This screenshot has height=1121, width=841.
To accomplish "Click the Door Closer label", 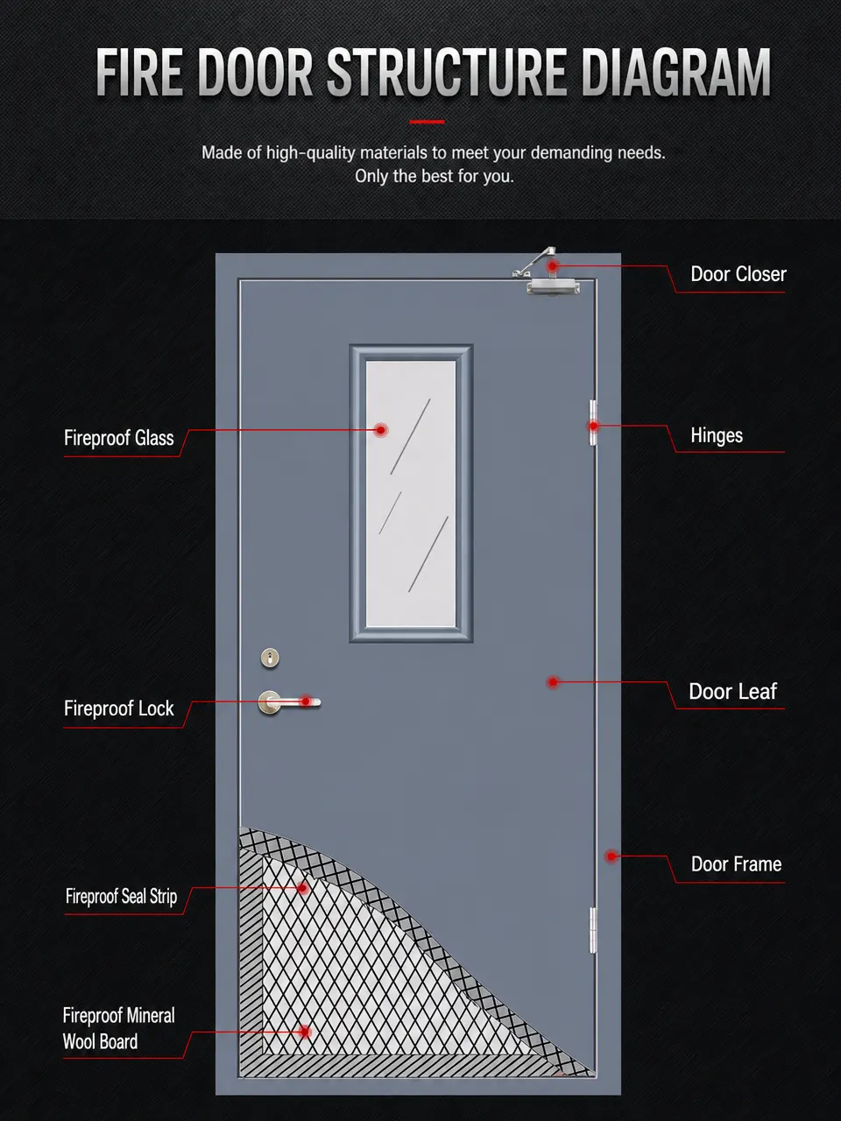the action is click(738, 274).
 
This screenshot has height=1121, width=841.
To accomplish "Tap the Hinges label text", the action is click(717, 435).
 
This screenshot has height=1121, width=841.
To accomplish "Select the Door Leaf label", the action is click(732, 692).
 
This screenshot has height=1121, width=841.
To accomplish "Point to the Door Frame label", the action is click(736, 864).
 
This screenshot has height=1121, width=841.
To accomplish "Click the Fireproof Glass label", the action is click(118, 438).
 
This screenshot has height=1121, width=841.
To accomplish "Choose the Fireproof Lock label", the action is click(118, 709).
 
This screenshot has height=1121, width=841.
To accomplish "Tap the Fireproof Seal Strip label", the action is click(121, 896).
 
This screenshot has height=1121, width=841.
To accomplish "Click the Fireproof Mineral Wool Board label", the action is click(118, 1028).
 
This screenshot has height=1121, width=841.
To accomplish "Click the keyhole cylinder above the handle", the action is click(270, 658).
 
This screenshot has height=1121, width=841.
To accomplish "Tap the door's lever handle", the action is click(288, 702).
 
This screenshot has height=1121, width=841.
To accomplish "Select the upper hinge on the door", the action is click(593, 423).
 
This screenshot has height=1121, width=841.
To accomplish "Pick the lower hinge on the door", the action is click(593, 930).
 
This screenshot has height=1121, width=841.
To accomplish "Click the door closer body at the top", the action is click(553, 286).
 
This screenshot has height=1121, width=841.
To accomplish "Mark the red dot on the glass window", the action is click(380, 430).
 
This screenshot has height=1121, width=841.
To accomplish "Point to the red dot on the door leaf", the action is click(553, 681).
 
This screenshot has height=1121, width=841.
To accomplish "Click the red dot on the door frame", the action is click(611, 857).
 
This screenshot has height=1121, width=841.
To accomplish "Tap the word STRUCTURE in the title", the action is click(446, 72).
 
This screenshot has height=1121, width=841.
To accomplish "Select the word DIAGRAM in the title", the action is click(675, 72).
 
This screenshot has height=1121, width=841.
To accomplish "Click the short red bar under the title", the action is click(427, 122).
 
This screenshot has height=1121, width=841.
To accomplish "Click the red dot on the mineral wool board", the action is click(306, 1033).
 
